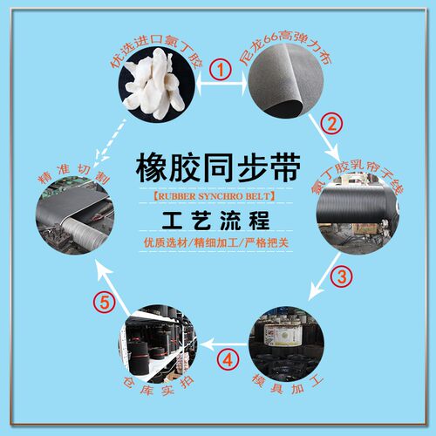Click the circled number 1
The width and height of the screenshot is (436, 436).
[x=221, y=70]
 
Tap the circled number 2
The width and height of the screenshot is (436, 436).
[x=331, y=123]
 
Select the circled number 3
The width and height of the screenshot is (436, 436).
[x=341, y=276]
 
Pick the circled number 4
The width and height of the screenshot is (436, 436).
[x=228, y=359]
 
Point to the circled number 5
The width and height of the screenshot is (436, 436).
[x=105, y=303]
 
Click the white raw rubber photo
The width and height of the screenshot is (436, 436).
[x=156, y=84]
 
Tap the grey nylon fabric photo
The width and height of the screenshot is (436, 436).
[x=286, y=81]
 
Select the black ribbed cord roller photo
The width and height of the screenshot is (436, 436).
[x=358, y=214]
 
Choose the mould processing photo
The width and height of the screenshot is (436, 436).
[x=286, y=343]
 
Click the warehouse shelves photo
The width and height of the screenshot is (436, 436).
[x=158, y=344]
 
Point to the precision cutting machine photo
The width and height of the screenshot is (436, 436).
[x=75, y=216]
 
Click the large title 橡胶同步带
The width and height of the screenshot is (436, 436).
[x=218, y=168]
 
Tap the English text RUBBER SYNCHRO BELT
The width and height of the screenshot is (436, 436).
[x=214, y=196]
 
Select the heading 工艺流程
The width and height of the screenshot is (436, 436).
[x=215, y=220]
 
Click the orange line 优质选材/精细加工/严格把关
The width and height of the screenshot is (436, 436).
[x=216, y=242]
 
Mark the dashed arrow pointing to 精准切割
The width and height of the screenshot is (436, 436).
[x=112, y=141]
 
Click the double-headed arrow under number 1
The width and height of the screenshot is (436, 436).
[x=221, y=85]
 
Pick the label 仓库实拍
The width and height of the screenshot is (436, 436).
[x=159, y=386]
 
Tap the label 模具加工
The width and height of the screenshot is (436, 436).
[x=288, y=384]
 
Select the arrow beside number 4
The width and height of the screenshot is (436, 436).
[x=223, y=344]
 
